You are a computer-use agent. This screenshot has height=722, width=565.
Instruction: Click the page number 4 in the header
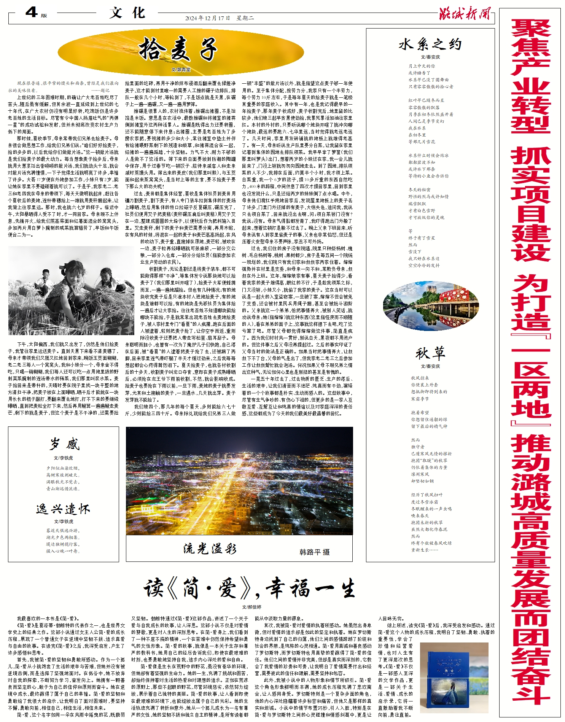coord(31,13)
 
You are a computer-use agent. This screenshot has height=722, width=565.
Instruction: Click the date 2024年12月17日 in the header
coord(207,18)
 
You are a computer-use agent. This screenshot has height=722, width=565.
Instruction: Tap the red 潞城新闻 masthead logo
coord(465,14)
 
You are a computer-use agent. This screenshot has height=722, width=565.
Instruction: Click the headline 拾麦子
coord(178,49)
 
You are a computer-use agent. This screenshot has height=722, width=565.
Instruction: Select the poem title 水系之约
coord(430,45)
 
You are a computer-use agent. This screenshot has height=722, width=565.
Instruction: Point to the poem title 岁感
coord(64,444)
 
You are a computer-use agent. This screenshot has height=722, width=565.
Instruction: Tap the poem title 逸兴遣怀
coord(63,509)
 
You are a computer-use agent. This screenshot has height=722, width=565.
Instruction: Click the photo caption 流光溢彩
coord(210,549)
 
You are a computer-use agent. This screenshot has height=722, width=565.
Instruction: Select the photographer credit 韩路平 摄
coord(314,552)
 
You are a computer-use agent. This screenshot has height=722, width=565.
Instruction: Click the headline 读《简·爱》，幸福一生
coord(249,588)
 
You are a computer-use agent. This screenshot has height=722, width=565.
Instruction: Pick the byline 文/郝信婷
coord(251,607)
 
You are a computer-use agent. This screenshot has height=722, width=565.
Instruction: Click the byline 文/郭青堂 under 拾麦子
coord(181,70)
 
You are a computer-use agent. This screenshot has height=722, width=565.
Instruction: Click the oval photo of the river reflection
coord(431,306)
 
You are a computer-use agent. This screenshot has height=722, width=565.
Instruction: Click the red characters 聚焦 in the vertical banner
coord(530,48)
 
